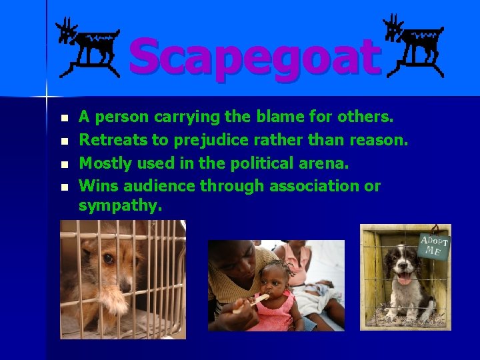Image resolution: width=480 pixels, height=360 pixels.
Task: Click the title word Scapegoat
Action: [255, 57]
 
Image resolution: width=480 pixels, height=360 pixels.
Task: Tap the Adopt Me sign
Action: [434, 245]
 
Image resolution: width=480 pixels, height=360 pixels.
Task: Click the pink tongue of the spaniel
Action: [404, 277]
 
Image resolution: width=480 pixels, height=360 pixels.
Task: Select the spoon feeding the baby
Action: [251, 302]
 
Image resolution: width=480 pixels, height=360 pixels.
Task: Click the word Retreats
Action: [109, 140]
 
